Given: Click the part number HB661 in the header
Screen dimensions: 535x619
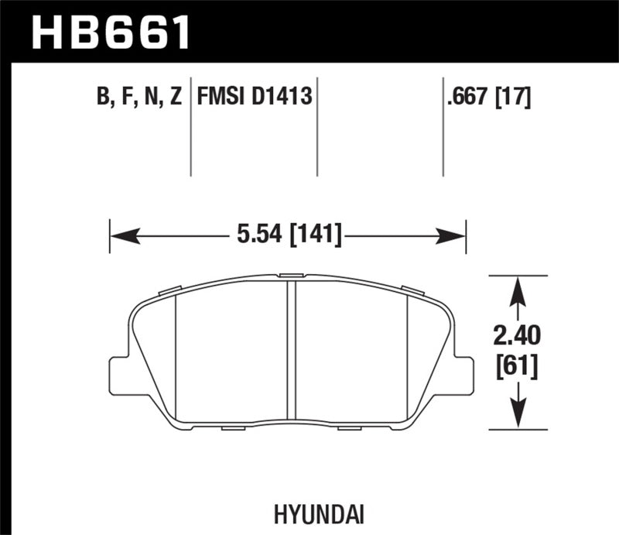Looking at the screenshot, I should pyautogui.click(x=108, y=31).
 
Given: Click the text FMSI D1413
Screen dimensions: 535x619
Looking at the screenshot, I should pyautogui.click(x=255, y=97).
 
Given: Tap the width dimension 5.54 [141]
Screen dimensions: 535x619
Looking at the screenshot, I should pyautogui.click(x=287, y=232).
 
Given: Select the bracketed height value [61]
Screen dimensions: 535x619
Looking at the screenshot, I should pyautogui.click(x=518, y=363).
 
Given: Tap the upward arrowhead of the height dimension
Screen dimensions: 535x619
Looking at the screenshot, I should pyautogui.click(x=518, y=288).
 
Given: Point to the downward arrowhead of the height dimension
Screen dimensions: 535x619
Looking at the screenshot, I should pyautogui.click(x=518, y=416).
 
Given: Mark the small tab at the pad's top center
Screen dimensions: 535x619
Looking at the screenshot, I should pyautogui.click(x=291, y=275).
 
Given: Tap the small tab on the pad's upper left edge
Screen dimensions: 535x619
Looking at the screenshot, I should pyautogui.click(x=169, y=291).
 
